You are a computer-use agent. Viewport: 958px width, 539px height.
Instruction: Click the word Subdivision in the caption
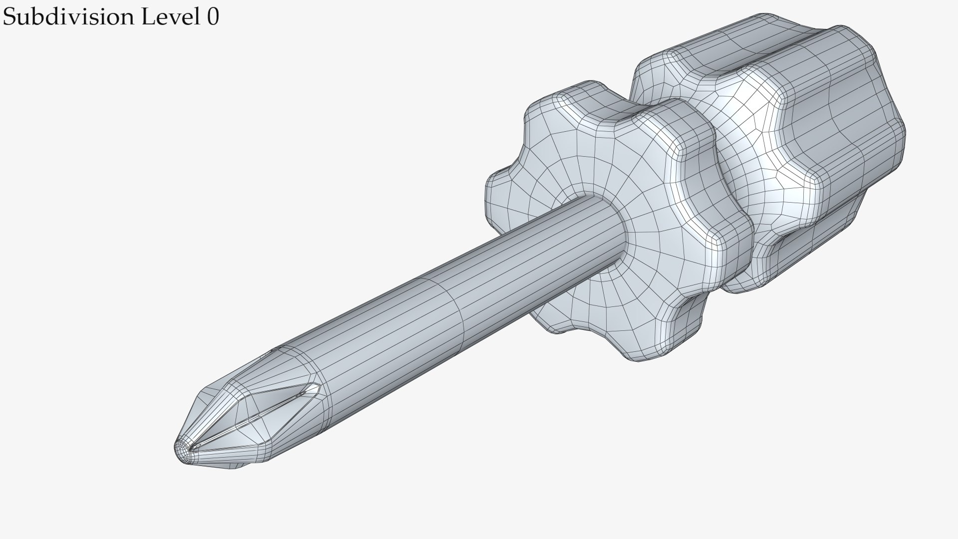[69, 17]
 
